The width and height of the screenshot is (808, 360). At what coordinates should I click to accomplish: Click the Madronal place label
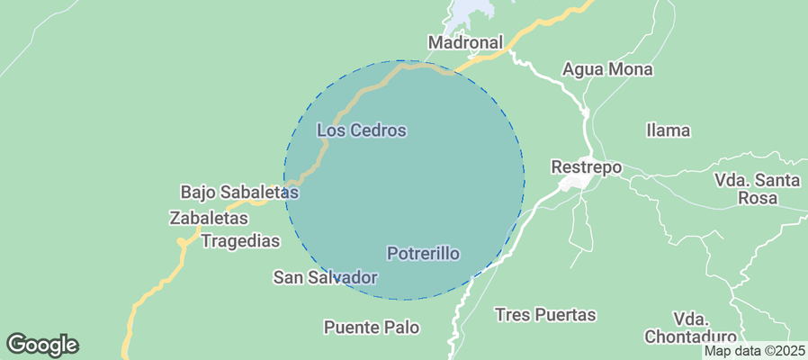coord(464,42)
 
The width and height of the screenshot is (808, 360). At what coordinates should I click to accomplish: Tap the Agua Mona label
coord(607,69)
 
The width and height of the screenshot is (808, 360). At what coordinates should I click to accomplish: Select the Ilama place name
coord(668,130)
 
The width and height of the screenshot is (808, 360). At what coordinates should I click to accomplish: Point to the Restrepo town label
coord(586,167)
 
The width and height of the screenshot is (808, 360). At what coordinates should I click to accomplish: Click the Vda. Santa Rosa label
coord(757,189)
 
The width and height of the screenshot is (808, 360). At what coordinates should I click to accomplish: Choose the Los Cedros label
coord(362,130)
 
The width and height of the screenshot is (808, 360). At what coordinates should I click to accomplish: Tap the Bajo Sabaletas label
coord(239,192)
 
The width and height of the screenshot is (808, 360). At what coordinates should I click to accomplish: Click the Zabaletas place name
coord(208,218)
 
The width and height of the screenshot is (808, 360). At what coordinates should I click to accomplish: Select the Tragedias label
coord(240,241)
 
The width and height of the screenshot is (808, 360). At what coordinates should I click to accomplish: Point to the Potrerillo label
coord(423,254)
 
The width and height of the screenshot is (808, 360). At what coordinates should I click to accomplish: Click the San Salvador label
coord(325,277)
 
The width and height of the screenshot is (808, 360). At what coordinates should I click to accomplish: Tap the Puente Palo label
coord(372,327)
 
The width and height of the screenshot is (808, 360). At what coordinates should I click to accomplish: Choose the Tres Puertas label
coord(545,315)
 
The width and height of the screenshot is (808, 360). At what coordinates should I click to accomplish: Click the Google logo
coord(42,344)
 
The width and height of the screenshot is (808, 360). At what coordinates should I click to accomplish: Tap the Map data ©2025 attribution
coord(754,351)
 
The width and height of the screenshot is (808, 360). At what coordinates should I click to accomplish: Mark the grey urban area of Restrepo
coord(574,183)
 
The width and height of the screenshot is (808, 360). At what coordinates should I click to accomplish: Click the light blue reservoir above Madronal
coord(471,11)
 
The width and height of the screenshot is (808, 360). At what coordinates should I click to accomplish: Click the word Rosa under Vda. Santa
coord(757,198)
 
